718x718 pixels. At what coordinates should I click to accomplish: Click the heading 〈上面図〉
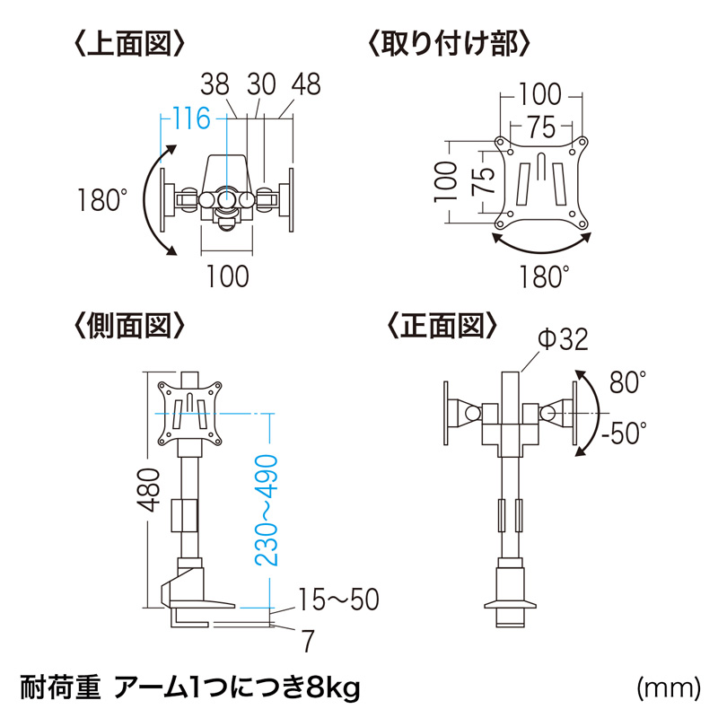[x=129, y=44]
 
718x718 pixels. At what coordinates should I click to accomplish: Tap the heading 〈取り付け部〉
[x=449, y=44]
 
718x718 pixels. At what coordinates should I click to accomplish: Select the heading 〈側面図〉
[x=129, y=326]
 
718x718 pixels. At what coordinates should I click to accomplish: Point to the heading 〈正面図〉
[x=442, y=326]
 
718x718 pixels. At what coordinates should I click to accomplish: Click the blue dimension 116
[x=191, y=118]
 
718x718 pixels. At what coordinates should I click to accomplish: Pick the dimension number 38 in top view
[x=215, y=84]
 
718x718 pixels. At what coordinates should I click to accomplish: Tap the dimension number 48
[x=306, y=84]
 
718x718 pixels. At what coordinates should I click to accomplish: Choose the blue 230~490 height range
[x=267, y=510]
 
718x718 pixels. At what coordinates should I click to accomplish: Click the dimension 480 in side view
[x=149, y=490]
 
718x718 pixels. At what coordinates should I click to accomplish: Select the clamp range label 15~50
[x=339, y=599]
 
